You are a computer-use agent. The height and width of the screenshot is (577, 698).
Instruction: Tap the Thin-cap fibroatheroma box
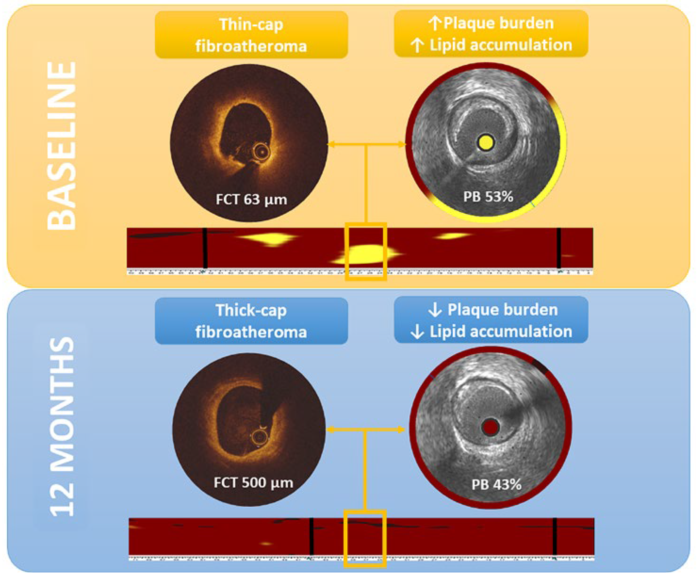click(251, 35)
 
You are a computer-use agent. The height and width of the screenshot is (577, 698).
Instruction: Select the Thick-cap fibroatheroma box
click(251, 321)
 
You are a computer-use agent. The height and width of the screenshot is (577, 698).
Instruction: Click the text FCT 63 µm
click(251, 200)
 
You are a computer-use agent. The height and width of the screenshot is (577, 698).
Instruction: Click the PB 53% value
click(488, 197)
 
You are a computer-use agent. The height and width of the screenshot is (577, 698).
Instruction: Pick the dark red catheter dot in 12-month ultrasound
click(490, 427)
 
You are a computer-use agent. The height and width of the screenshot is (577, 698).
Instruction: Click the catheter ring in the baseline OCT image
click(262, 151)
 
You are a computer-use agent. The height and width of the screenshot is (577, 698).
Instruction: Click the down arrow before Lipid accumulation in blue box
click(417, 332)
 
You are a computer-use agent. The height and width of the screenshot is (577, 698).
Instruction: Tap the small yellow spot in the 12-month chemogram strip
click(266, 544)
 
